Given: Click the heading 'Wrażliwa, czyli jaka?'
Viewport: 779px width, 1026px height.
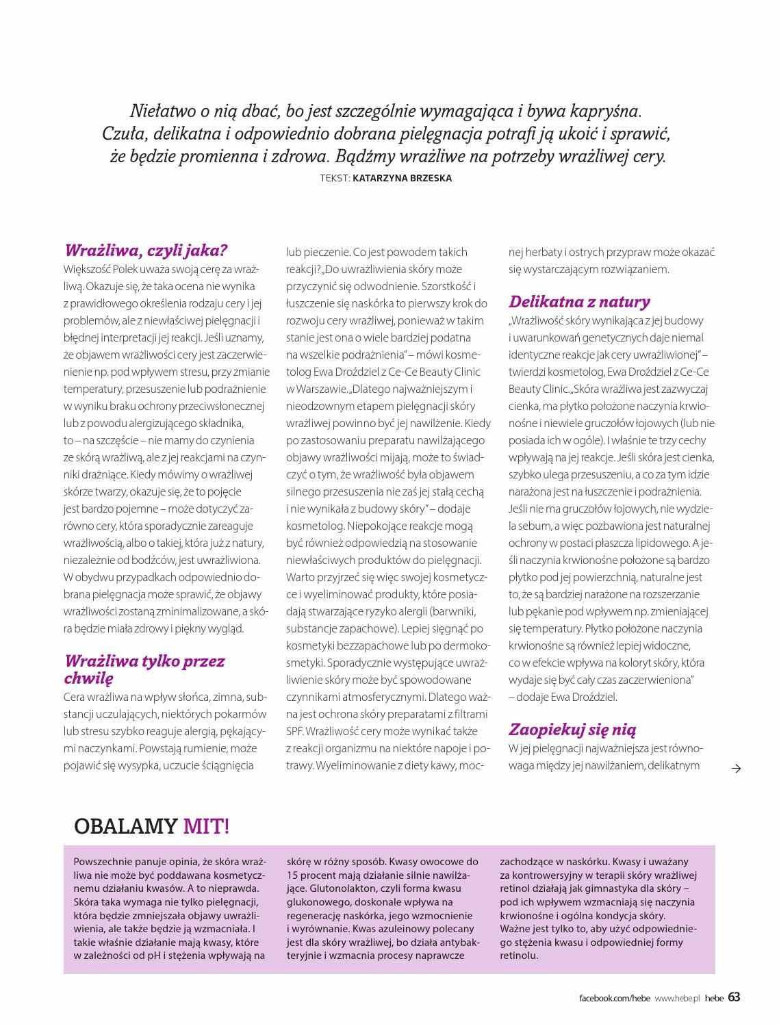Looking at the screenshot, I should [x=145, y=251].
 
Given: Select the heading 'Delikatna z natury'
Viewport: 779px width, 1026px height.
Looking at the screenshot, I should [x=579, y=302].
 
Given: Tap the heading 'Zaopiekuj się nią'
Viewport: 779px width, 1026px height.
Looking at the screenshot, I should [x=572, y=730].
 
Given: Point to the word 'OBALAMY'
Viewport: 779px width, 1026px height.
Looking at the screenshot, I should [x=125, y=826].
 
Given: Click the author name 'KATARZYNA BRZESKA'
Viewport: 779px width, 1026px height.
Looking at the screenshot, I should [x=403, y=178].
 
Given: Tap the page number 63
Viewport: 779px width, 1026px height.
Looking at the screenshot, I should [x=734, y=997].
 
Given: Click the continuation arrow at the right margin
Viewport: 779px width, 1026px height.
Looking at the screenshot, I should [x=736, y=769].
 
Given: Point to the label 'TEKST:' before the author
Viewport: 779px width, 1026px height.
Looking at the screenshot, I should [x=335, y=178].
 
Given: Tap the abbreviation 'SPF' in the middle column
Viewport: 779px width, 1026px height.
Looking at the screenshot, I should [x=294, y=731].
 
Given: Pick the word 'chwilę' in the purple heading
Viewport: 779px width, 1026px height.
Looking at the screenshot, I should [x=88, y=678].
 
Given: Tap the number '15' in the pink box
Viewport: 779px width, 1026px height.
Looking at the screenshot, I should [x=292, y=875].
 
